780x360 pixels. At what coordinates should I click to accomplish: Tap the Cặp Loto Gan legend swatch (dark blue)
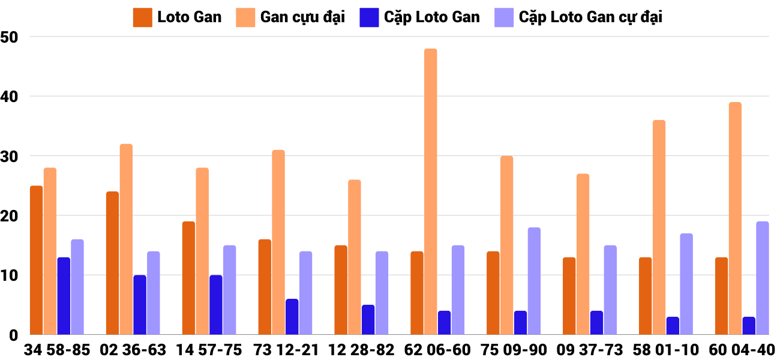pos(367,17)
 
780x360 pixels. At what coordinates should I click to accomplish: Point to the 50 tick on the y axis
pos(10,37)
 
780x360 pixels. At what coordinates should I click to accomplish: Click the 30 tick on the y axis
pos(10,156)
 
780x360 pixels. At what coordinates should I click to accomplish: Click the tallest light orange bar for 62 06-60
pos(431,192)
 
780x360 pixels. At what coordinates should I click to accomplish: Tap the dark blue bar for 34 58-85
pos(64,296)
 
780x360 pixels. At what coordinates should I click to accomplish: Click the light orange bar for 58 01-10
pos(659,227)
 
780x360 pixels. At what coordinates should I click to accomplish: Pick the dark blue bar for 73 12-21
pos(292,317)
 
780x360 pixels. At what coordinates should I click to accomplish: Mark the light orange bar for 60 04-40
pos(735,218)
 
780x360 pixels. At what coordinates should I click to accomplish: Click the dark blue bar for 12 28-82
pos(368,320)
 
